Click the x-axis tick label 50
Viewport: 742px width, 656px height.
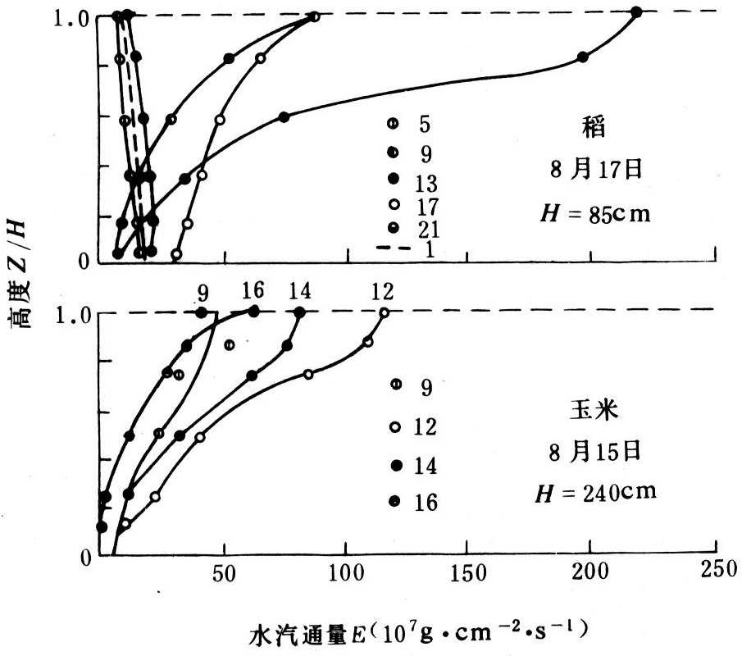click(224, 574)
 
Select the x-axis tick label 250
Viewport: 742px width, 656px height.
click(713, 574)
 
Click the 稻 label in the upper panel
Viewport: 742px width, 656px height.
click(590, 129)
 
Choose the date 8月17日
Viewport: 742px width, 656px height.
click(590, 171)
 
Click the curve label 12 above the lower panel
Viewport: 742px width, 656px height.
click(382, 292)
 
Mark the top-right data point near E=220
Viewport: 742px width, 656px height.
click(637, 11)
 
